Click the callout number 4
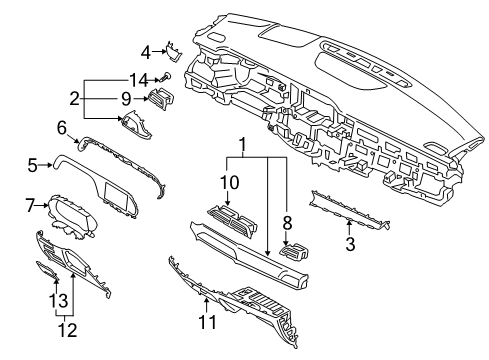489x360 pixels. [x=146, y=53]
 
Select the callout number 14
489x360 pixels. [x=138, y=80]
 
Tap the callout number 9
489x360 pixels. [x=126, y=99]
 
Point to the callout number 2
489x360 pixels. [x=75, y=99]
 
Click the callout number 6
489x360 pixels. [x=62, y=128]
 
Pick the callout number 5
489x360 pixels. [x=33, y=165]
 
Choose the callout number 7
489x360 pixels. [x=30, y=205]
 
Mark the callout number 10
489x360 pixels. [x=229, y=183]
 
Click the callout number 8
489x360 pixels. [x=287, y=223]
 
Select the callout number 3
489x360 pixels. [x=350, y=244]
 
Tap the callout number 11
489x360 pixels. [x=207, y=322]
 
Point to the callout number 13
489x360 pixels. [x=59, y=300]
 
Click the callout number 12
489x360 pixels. [x=68, y=330]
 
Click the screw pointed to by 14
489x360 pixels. [x=166, y=77]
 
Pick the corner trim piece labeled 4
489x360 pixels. [x=173, y=52]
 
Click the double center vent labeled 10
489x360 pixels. [x=232, y=220]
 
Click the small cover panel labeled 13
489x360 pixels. [x=48, y=270]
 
